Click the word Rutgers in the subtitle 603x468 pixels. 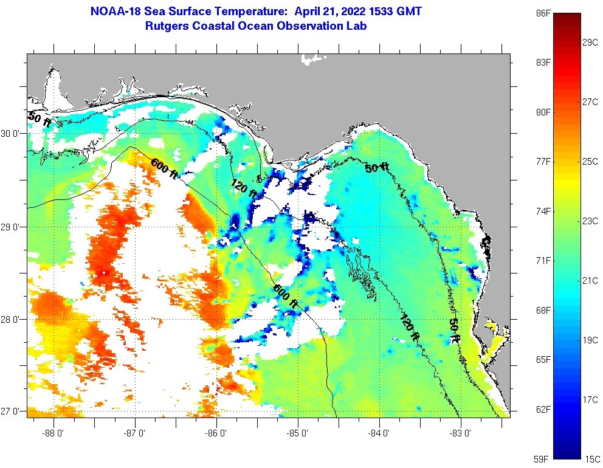point(167,26)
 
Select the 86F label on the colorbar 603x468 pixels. point(543,13)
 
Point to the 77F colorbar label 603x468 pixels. point(543,162)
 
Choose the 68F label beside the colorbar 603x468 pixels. point(543,310)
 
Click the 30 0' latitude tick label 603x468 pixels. point(12,133)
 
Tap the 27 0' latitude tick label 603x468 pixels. point(12,411)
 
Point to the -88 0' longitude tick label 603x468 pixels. point(53,433)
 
